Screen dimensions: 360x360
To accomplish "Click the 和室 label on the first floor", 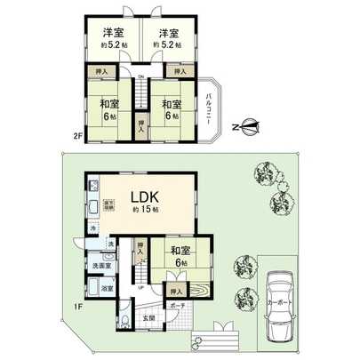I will coord(178,249).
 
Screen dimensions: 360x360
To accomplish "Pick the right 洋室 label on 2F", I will coord(168,33).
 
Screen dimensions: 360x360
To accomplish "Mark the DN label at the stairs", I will coord(140,77).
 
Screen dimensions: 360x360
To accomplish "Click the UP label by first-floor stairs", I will coord(140,287).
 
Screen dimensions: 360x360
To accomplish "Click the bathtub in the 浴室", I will coord(92,287).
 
